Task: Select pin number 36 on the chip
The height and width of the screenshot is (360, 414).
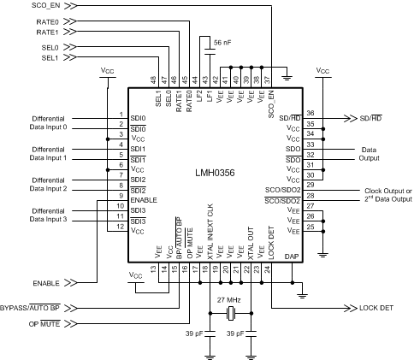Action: (x=311, y=112)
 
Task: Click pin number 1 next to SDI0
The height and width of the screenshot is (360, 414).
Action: (x=121, y=114)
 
